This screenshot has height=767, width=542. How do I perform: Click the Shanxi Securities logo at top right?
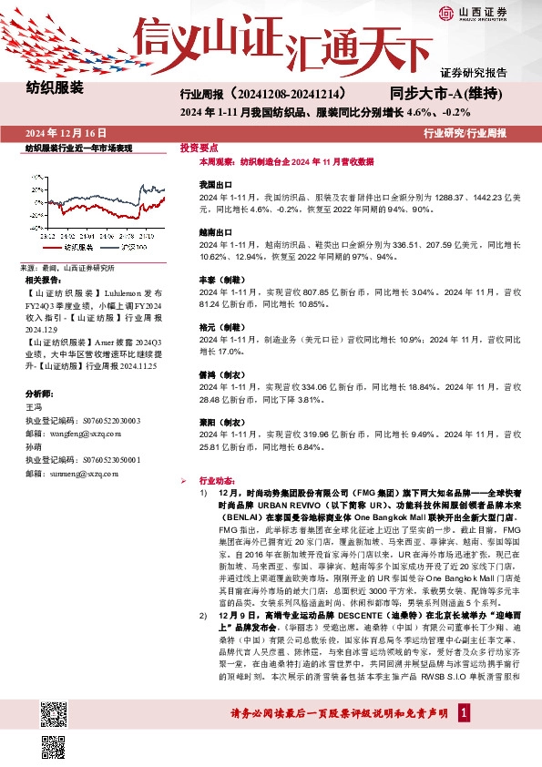484,14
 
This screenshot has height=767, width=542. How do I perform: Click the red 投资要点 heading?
199,147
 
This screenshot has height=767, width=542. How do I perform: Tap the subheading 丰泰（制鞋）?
220,281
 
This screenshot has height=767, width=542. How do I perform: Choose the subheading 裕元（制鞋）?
220,326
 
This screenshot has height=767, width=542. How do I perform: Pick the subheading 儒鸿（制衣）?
220,374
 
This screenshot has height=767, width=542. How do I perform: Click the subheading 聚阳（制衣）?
220,423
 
